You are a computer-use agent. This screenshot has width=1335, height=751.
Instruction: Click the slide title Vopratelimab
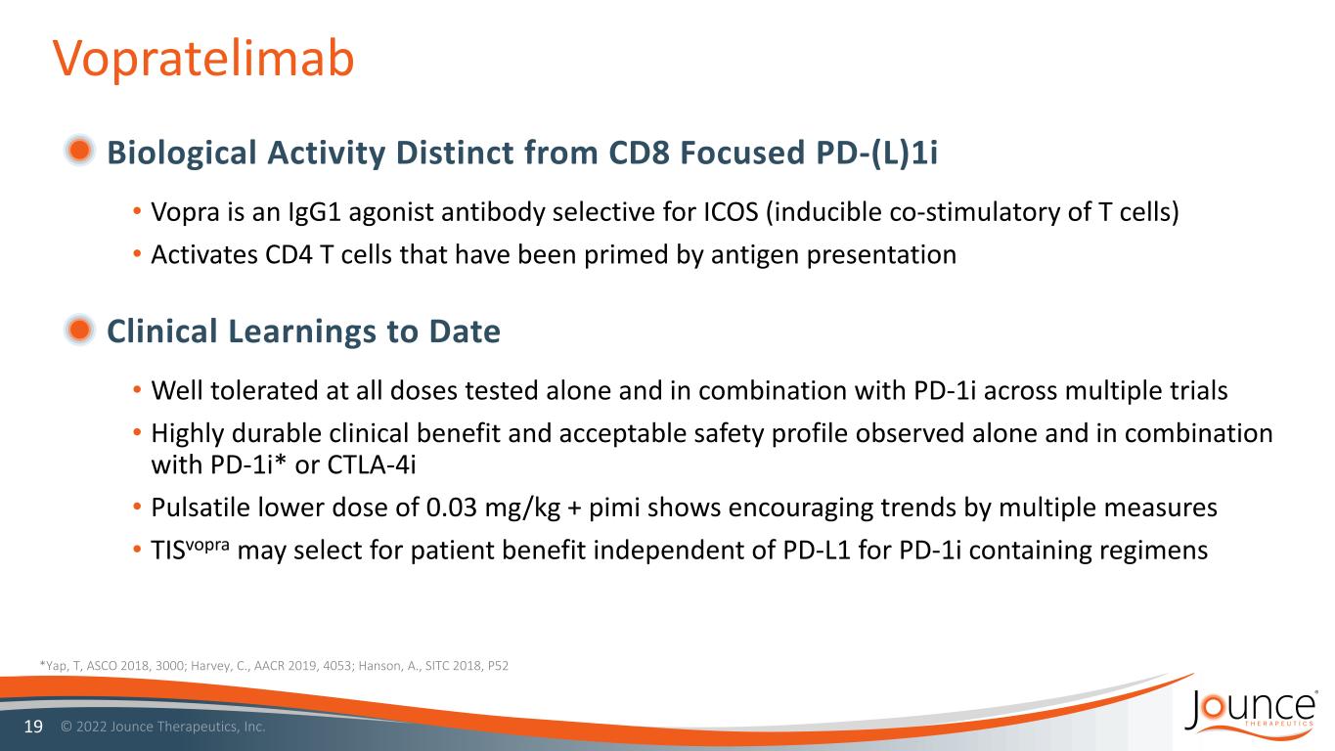pos(203,59)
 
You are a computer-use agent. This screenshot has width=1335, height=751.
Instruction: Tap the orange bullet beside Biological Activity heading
pos(79,150)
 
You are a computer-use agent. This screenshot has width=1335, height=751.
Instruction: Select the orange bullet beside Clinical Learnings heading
pos(79,330)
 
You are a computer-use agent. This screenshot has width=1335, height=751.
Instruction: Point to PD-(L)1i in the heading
pos(876,153)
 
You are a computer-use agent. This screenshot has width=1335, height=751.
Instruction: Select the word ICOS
pos(731,212)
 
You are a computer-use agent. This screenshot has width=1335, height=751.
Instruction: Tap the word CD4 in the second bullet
pos(289,255)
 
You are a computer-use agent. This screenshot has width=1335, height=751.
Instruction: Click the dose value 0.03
pos(452,508)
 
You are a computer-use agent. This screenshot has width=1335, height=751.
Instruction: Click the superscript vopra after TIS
pos(207,545)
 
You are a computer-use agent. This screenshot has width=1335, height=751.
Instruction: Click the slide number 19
pos(33,727)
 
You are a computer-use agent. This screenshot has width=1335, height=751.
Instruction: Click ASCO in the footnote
pos(102,666)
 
